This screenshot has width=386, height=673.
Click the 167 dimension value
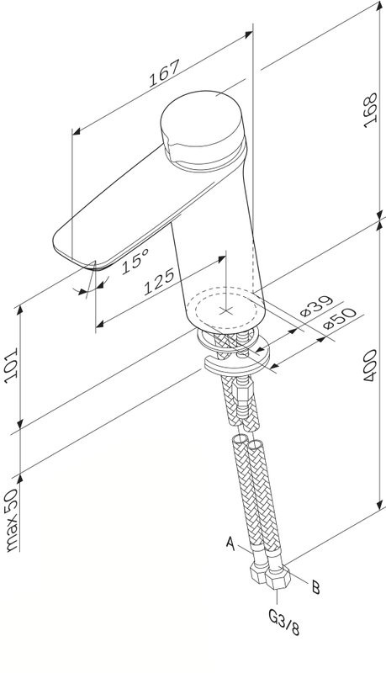(164, 74)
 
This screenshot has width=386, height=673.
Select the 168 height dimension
(371, 110)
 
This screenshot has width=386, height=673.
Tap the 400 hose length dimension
(370, 366)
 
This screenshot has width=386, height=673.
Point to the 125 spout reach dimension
(159, 282)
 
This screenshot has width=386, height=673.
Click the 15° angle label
(135, 261)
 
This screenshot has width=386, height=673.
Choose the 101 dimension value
(11, 363)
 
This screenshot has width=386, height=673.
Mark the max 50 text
(12, 520)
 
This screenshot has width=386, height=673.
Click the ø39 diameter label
(316, 305)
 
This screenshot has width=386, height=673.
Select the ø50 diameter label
(340, 319)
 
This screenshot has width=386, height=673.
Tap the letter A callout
(230, 543)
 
